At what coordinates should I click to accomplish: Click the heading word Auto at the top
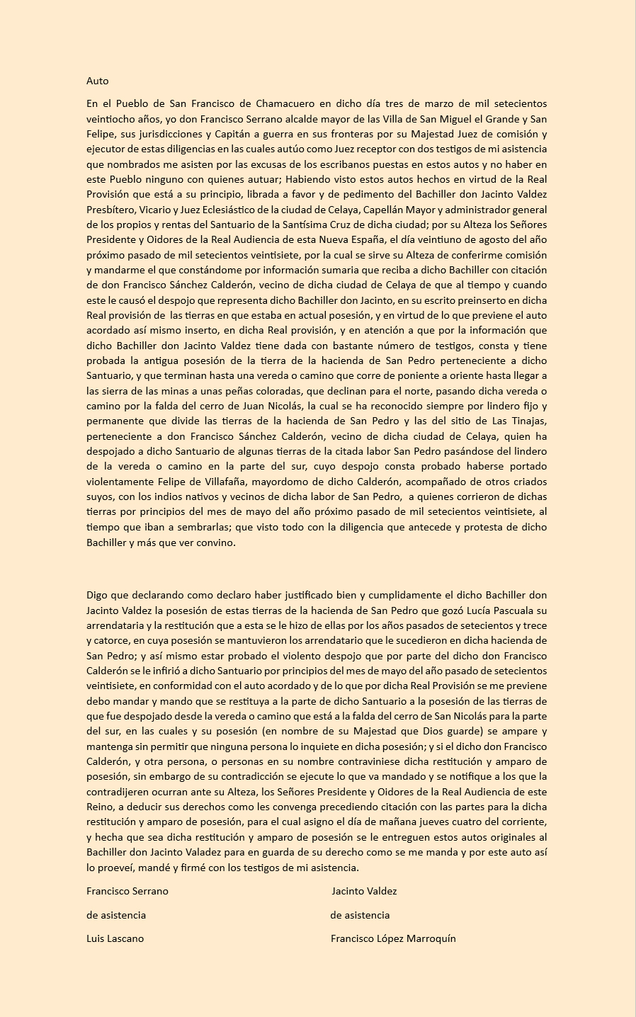tap(98, 81)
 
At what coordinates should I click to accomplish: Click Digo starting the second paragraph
tap(98, 595)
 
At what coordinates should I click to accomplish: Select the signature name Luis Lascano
tap(115, 938)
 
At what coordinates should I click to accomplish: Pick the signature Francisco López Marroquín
tap(393, 938)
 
